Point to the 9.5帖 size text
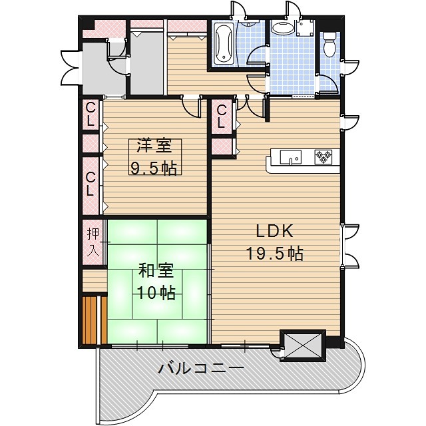tap(153, 168)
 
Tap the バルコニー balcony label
tap(202, 368)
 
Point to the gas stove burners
tap(323, 156)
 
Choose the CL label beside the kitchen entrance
tap(222, 117)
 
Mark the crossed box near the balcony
tap(302, 345)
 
